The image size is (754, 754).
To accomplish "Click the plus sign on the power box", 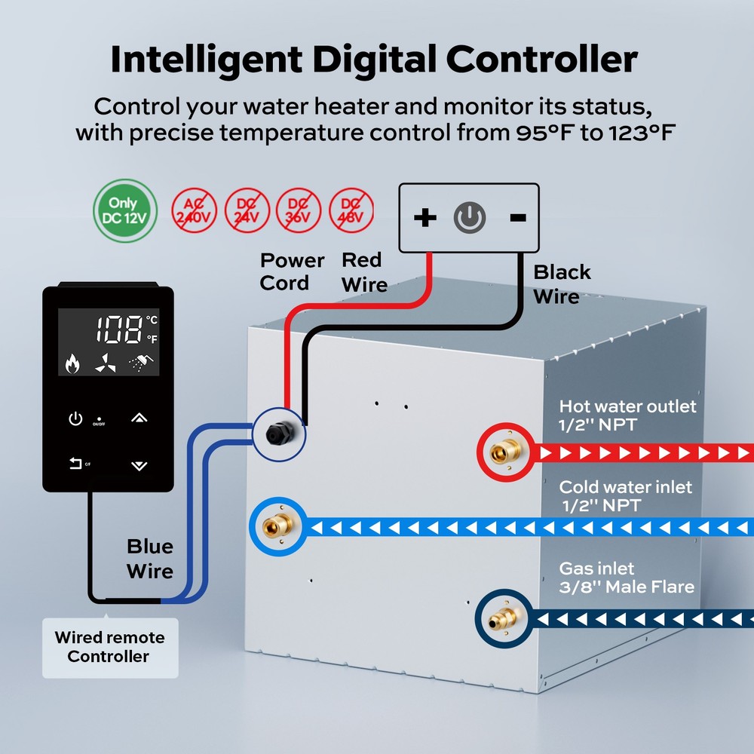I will pyautogui.click(x=425, y=218).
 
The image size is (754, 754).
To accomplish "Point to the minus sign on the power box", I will pyautogui.click(x=518, y=218).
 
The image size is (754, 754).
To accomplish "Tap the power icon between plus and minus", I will pyautogui.click(x=469, y=218).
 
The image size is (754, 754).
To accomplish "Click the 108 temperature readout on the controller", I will pyautogui.click(x=119, y=329).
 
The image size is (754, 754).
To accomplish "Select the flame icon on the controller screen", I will pyautogui.click(x=72, y=365).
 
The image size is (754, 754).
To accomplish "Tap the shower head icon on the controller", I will pyautogui.click(x=137, y=365).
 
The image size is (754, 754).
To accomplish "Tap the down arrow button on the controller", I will pyautogui.click(x=139, y=465).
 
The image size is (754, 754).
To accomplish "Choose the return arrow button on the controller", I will pyautogui.click(x=75, y=464).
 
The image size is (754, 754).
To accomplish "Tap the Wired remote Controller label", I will pyautogui.click(x=109, y=647).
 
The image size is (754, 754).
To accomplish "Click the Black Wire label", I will pyautogui.click(x=562, y=284).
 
